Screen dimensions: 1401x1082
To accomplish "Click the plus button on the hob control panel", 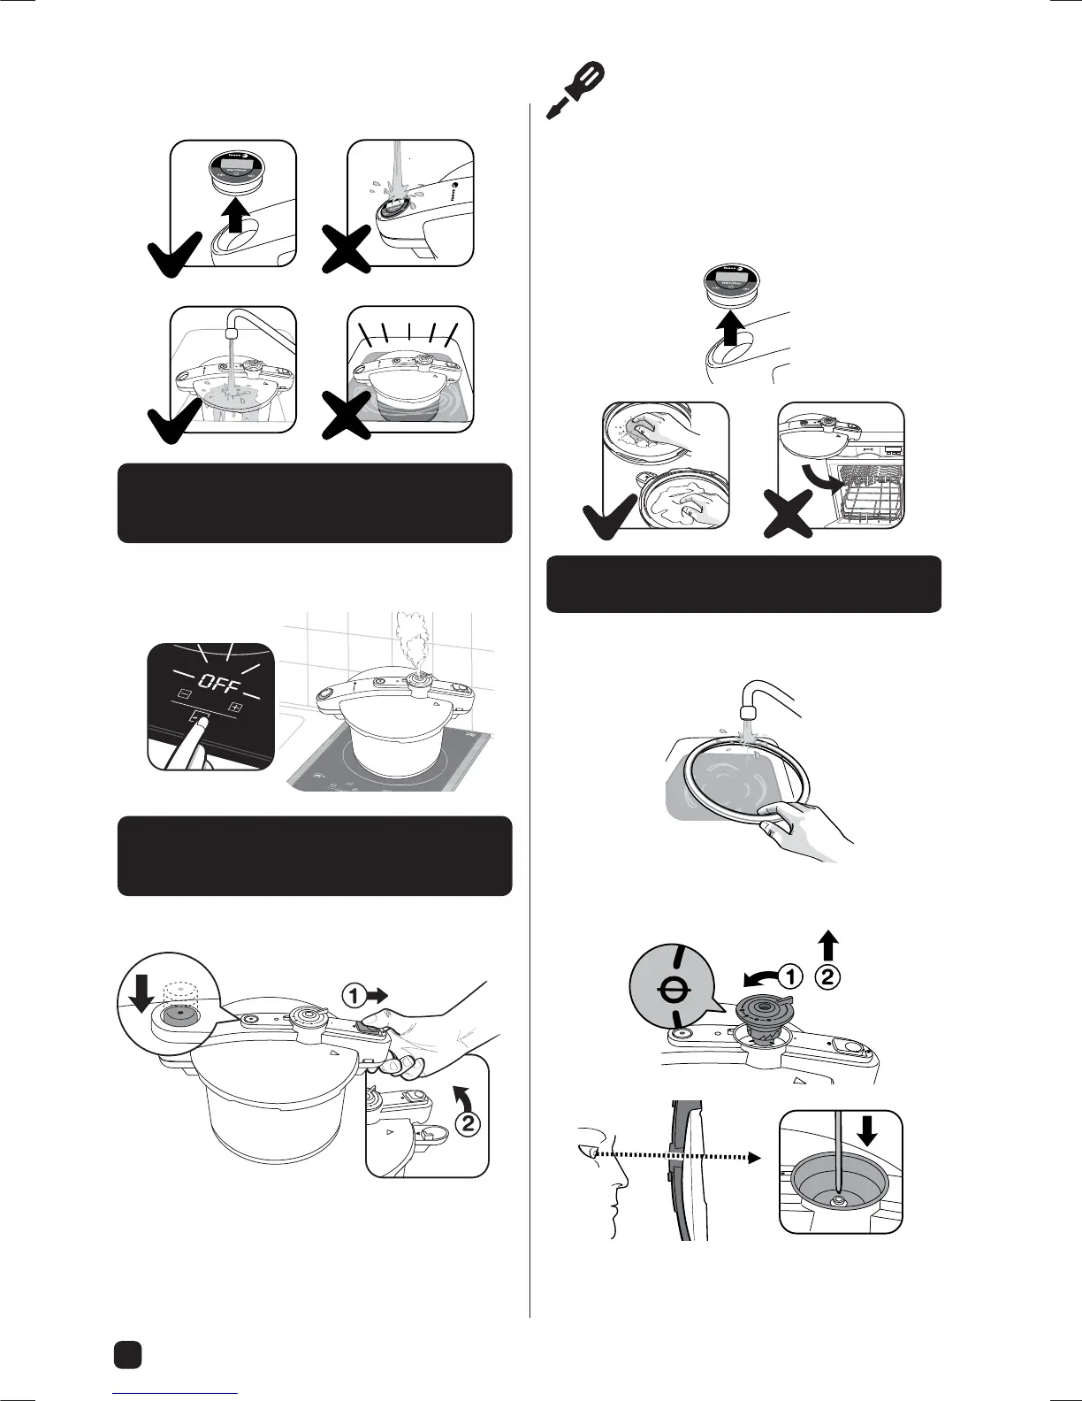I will tap(235, 707).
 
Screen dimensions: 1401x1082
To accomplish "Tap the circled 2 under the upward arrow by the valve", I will tap(827, 978).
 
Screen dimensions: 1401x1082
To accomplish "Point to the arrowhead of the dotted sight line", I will tap(753, 1155).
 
